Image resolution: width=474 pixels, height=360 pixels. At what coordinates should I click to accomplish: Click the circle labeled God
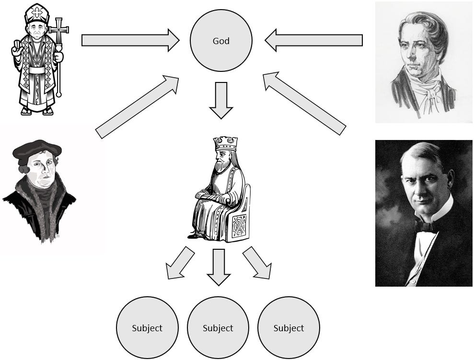coord(220,41)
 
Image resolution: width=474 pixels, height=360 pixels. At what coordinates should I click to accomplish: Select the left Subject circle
coord(147,328)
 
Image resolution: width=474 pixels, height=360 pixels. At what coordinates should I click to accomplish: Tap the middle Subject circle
coord(218,328)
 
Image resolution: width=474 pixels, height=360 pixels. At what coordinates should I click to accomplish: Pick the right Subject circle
coord(289,328)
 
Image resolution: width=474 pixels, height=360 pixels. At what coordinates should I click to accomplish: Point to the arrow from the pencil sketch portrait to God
coord(314,40)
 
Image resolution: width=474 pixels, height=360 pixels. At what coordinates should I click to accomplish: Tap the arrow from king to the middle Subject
coord(219,266)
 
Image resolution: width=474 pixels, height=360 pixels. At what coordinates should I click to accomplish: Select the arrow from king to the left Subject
coord(180,263)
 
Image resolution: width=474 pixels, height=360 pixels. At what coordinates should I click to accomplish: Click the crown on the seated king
coord(225,143)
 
